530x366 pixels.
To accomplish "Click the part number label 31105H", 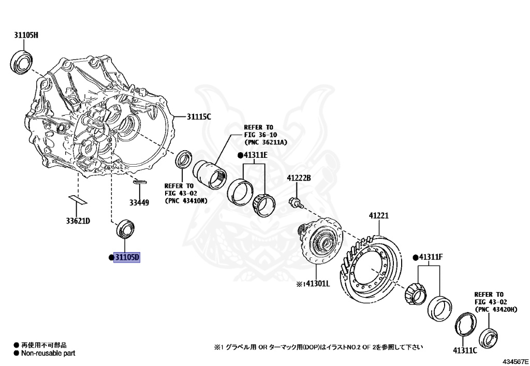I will click(26, 35).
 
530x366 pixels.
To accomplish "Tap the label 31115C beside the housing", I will click(199, 117).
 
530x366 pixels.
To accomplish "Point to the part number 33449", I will click(139, 202).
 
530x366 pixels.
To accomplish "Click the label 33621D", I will click(78, 221).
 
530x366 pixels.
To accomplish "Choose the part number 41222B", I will click(299, 178).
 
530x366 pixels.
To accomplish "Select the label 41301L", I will click(317, 284).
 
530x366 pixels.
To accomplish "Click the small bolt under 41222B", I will click(294, 201).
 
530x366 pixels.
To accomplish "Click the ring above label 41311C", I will click(464, 325).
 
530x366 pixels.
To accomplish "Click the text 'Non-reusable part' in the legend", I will click(48, 353).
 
